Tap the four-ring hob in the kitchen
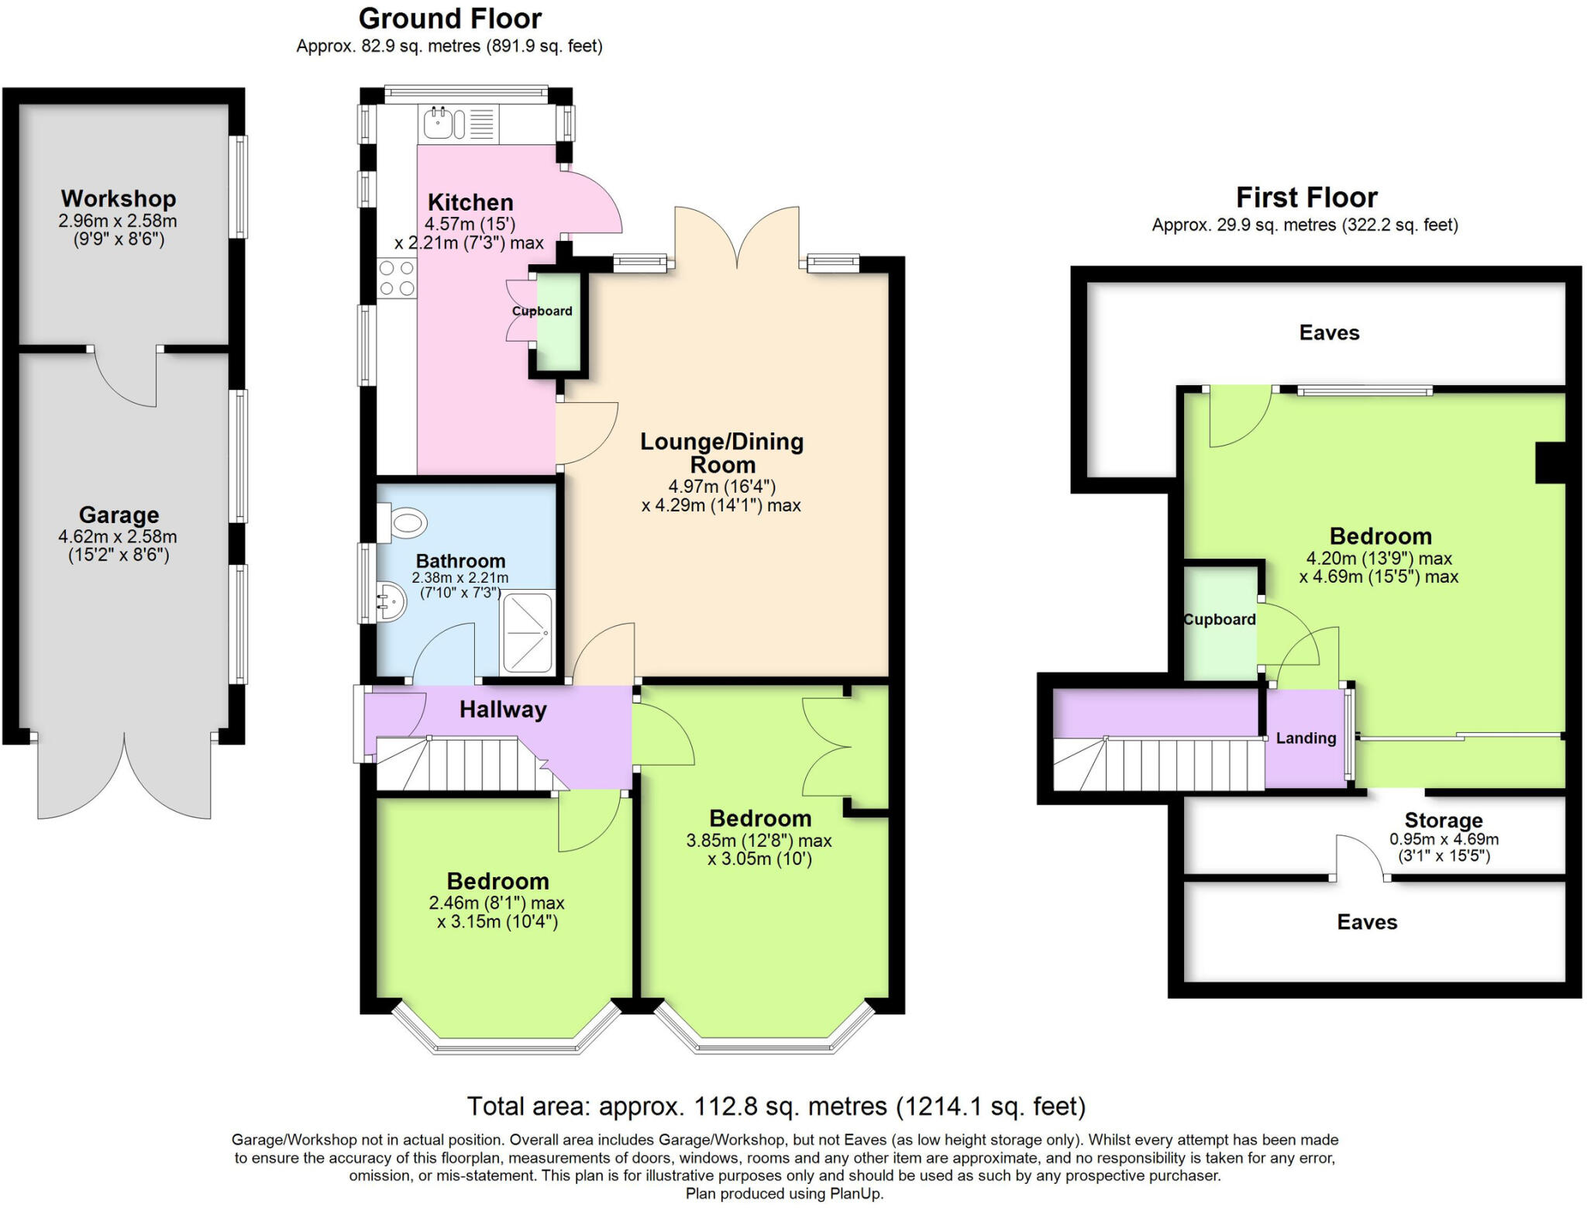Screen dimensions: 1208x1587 (x=397, y=279)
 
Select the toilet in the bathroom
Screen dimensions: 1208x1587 (x=404, y=522)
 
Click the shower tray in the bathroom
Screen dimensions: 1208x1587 (x=528, y=632)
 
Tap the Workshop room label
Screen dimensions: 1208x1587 (x=119, y=199)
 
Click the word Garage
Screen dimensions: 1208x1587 (x=119, y=515)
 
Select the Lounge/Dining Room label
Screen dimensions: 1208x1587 (x=722, y=453)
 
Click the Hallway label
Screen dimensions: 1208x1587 (x=503, y=710)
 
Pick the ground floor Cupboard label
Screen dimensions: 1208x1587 (x=542, y=311)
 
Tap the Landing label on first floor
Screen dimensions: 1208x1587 (x=1306, y=738)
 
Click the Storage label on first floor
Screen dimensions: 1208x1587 (x=1444, y=821)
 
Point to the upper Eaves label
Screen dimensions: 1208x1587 (x=1329, y=333)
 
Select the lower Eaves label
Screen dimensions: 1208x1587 (x=1367, y=922)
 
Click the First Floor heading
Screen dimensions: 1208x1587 (x=1306, y=198)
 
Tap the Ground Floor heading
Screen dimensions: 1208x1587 (x=450, y=19)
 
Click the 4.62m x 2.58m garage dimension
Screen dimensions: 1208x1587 (x=118, y=536)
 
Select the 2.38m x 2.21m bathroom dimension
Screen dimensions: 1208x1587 (x=460, y=578)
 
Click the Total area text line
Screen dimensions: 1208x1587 (x=776, y=1106)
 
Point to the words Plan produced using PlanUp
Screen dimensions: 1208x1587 (x=784, y=1194)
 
